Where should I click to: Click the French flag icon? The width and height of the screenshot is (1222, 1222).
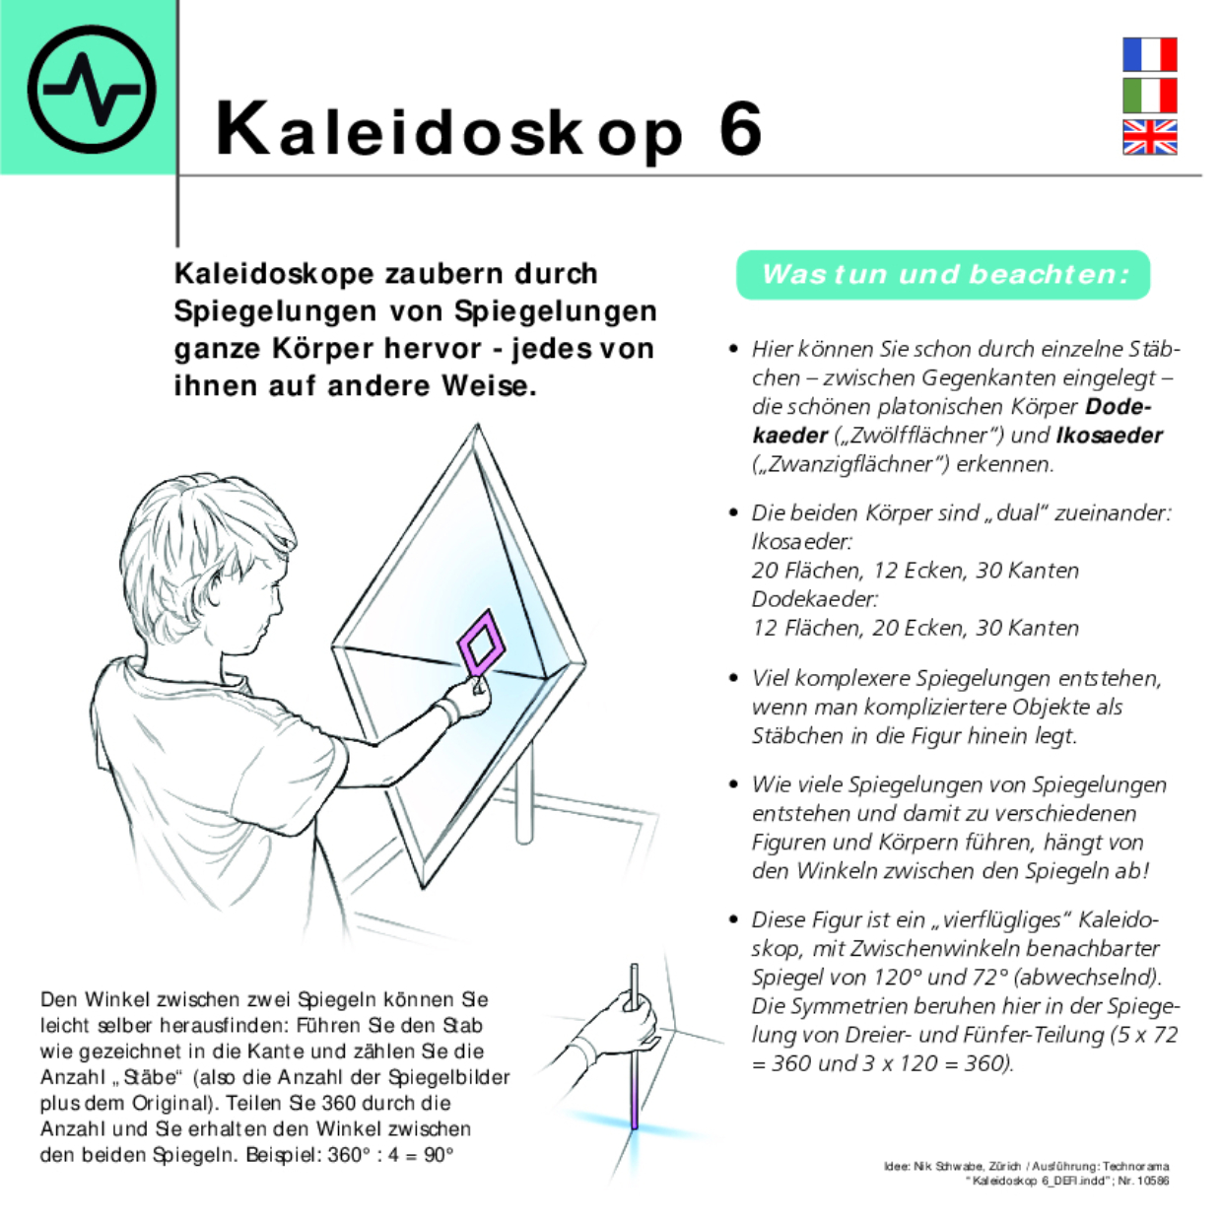pyautogui.click(x=1149, y=54)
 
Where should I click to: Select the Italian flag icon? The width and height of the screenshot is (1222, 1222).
pyautogui.click(x=1149, y=96)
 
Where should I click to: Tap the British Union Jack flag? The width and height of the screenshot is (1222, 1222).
pyautogui.click(x=1149, y=137)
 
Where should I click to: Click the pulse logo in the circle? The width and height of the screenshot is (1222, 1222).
pyautogui.click(x=91, y=89)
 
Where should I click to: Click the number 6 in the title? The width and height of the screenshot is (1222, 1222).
pyautogui.click(x=740, y=129)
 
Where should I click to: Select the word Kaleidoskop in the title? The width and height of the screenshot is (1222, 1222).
pyautogui.click(x=448, y=129)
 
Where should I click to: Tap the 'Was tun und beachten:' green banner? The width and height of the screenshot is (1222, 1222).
pyautogui.click(x=943, y=274)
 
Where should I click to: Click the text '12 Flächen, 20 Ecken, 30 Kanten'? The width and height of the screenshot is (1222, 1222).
pyautogui.click(x=915, y=628)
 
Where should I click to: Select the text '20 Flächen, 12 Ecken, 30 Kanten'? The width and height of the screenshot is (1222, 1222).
pyautogui.click(x=915, y=571)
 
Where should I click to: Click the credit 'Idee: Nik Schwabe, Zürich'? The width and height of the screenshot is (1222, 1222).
pyautogui.click(x=954, y=1166)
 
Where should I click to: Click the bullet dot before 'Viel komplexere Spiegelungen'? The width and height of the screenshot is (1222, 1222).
pyautogui.click(x=733, y=678)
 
